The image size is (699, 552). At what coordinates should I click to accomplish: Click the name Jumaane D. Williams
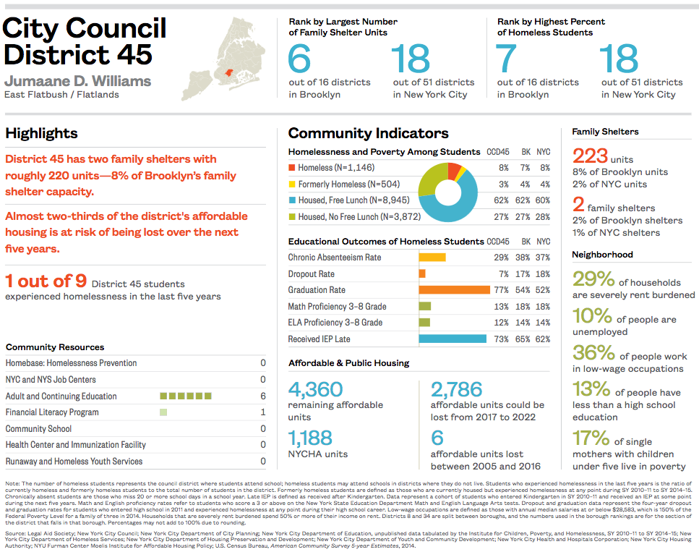(x=77, y=81)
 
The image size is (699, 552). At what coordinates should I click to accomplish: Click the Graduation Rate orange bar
(x=455, y=290)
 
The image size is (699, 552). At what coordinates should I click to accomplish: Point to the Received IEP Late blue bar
(x=453, y=339)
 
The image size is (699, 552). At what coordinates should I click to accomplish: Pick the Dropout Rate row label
(x=312, y=274)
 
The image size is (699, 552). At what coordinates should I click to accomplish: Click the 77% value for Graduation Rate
(x=501, y=290)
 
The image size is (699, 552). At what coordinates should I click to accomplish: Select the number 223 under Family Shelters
(x=590, y=156)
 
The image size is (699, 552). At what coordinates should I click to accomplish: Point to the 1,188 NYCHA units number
(x=310, y=438)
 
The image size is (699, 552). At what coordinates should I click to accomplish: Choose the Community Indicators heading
(x=368, y=134)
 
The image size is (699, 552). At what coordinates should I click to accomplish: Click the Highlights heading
(x=41, y=134)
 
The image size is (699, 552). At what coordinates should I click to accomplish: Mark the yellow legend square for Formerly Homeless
(x=291, y=184)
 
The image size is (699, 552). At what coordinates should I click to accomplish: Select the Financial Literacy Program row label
(x=52, y=412)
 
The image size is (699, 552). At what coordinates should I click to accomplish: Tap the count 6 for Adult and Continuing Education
(x=263, y=396)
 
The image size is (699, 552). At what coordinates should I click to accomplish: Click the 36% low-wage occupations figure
(x=593, y=352)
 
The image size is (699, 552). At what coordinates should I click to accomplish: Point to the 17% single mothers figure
(x=591, y=438)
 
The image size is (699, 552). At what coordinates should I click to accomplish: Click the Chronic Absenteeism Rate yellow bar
(x=432, y=258)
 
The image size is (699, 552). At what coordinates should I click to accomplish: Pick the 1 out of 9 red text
(x=46, y=281)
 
